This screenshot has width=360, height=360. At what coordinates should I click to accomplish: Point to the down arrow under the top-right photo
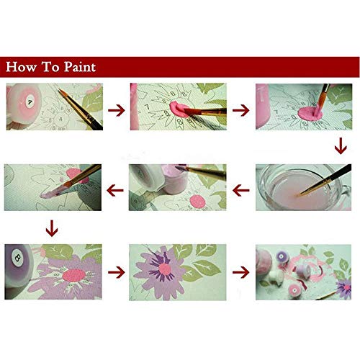[339, 148]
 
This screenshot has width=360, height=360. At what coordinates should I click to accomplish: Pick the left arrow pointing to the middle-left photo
[114, 190]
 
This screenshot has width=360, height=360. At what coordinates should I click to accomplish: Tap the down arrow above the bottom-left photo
[50, 230]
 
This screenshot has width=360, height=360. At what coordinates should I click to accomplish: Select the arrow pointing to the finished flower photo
[114, 273]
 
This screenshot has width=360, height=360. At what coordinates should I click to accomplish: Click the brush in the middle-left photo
[68, 184]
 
